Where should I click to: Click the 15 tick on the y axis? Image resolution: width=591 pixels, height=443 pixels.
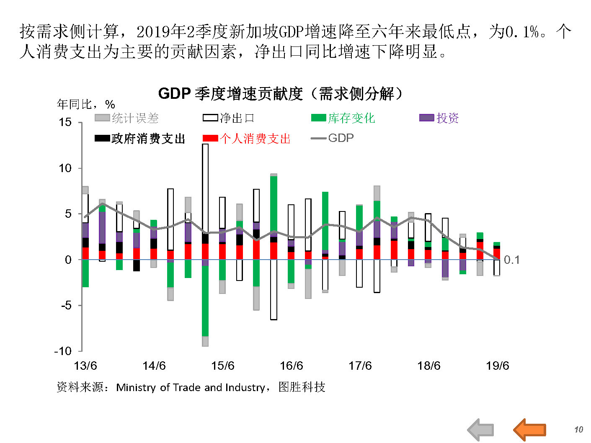click(65, 122)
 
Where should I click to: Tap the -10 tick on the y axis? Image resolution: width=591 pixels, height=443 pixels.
click(63, 351)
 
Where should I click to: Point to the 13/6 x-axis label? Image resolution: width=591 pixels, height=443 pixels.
click(85, 366)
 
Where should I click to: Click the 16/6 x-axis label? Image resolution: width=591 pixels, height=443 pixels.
click(291, 366)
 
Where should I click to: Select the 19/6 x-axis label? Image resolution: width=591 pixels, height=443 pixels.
click(497, 366)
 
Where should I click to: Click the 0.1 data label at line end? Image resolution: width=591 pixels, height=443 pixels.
click(511, 260)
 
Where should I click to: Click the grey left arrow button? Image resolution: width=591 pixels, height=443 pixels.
click(481, 429)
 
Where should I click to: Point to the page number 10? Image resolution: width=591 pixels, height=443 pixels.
click(578, 430)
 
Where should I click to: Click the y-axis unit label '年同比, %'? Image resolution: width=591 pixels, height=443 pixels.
click(86, 104)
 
